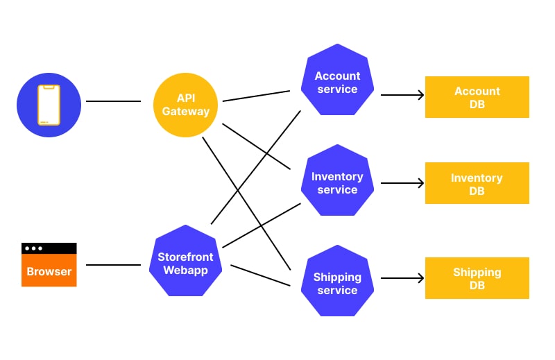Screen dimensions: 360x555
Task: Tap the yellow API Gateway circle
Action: click(x=186, y=105)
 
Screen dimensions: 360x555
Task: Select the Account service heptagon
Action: click(x=337, y=82)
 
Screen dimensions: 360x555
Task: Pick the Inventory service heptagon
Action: click(x=337, y=183)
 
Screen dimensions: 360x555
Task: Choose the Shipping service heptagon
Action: click(x=337, y=283)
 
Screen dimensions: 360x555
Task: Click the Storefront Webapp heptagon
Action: click(x=185, y=263)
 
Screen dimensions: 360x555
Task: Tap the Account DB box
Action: click(x=477, y=97)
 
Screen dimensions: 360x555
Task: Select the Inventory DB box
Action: click(x=477, y=183)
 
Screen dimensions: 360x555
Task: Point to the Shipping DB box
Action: click(x=477, y=278)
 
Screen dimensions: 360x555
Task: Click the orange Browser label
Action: click(x=49, y=271)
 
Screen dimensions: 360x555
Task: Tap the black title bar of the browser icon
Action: click(x=49, y=248)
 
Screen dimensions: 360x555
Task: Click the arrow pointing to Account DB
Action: click(x=402, y=95)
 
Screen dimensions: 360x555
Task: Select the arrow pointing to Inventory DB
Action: click(x=402, y=183)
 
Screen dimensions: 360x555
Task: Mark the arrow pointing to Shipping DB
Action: click(x=402, y=278)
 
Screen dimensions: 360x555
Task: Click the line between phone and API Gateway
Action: click(x=113, y=101)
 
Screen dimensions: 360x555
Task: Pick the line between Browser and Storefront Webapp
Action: click(x=113, y=264)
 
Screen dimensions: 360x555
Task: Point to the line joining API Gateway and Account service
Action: click(x=256, y=96)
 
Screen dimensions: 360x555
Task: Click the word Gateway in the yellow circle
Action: click(x=186, y=111)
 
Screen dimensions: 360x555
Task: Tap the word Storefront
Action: click(x=185, y=257)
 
